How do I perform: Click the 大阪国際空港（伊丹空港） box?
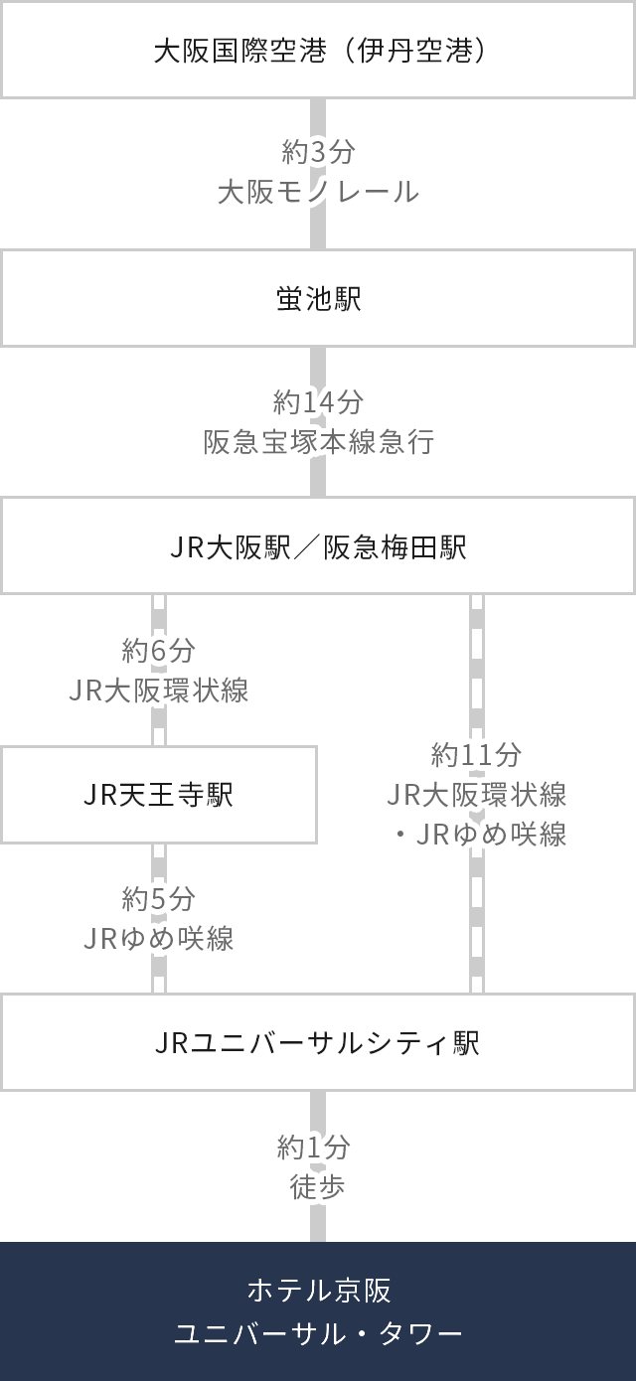(318, 50)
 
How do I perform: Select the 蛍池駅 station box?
(318, 299)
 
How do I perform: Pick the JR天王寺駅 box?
(159, 795)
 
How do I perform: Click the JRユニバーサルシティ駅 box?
(318, 1043)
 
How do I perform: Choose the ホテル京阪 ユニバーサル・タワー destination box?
(318, 1311)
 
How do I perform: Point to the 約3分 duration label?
(318, 154)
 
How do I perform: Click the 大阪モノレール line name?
(318, 193)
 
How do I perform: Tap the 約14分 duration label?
(318, 402)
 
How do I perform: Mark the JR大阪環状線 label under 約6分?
(159, 690)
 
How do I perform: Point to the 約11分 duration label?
(477, 756)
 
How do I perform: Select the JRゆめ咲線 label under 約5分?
(159, 938)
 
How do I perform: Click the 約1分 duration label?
(318, 1149)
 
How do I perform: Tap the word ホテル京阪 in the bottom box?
(318, 1291)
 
